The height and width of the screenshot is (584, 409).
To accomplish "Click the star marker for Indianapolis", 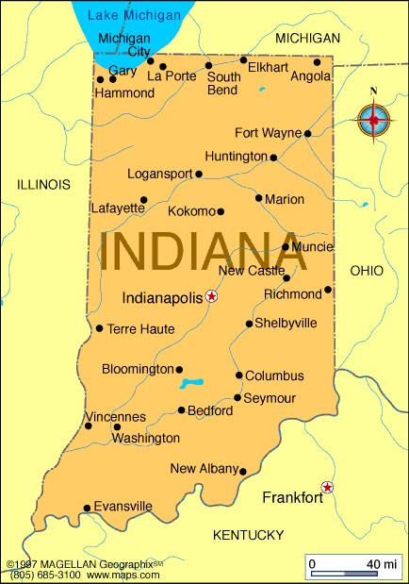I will (211, 296).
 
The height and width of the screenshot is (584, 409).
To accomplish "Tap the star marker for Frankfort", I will (327, 487).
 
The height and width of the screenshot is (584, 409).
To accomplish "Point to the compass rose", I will (374, 120).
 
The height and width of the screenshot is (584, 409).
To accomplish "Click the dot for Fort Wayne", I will (308, 133).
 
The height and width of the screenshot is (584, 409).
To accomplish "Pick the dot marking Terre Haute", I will (99, 328).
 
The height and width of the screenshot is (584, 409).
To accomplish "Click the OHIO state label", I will (367, 271).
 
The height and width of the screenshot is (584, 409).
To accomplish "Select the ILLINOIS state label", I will (43, 185).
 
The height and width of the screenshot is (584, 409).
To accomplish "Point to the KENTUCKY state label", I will (248, 535).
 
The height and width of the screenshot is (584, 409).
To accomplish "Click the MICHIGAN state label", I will (307, 38).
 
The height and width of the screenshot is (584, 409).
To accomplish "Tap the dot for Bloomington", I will (179, 369).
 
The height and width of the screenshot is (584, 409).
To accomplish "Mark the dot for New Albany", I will (243, 472).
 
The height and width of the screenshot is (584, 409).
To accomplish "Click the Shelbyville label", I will (286, 324).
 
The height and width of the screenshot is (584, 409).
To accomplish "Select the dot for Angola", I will (317, 62).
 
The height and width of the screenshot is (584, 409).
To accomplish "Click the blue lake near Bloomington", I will (193, 383).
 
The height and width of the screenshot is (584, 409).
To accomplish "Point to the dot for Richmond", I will (328, 290).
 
